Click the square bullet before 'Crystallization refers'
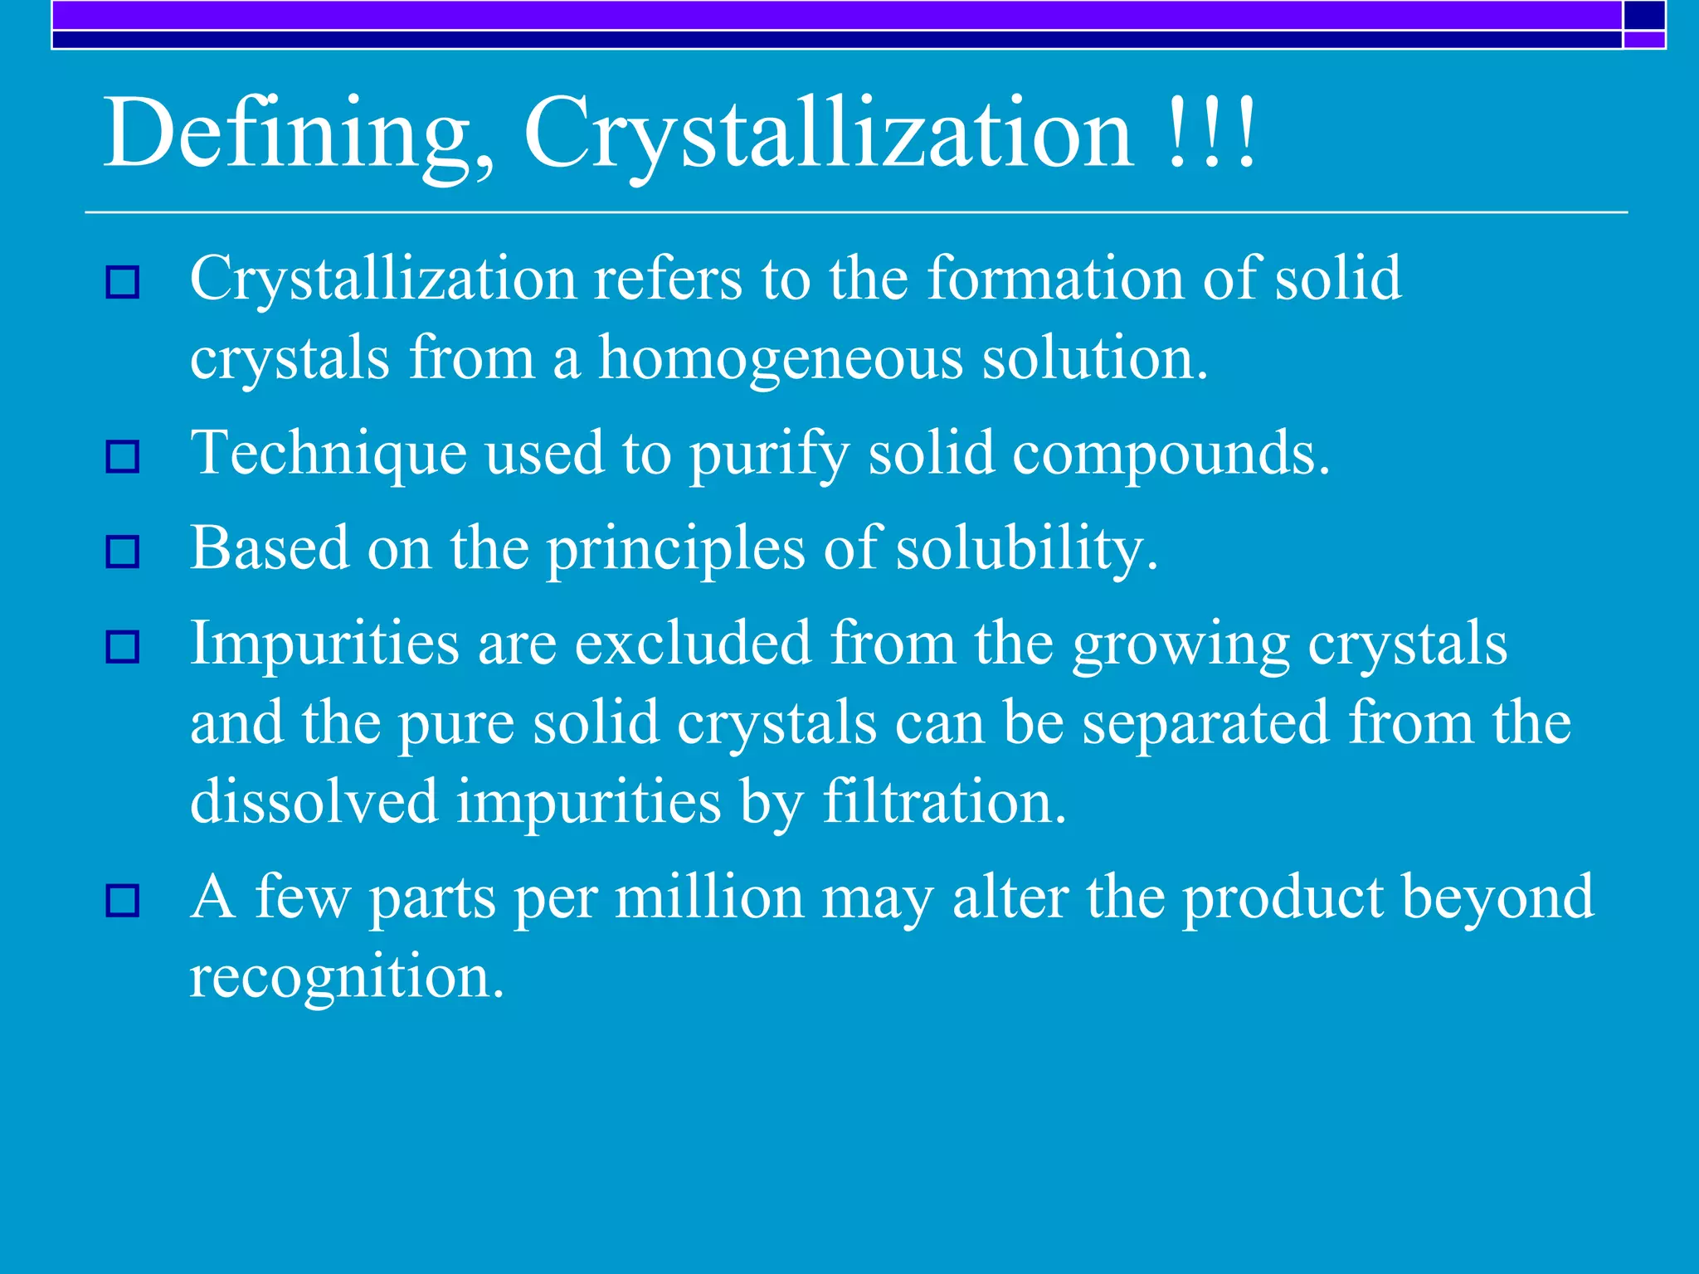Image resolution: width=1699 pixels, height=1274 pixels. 123,283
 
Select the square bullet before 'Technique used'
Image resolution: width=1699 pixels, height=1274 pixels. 123,456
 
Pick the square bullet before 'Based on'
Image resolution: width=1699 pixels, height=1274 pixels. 123,552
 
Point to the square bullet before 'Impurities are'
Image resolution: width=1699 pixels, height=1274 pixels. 123,647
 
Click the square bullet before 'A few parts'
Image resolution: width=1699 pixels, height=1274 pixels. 123,901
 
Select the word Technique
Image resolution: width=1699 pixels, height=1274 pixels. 329,455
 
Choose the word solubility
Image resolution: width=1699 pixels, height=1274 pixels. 1026,550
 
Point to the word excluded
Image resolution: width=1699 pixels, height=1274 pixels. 693,644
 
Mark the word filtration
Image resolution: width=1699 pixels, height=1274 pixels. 944,803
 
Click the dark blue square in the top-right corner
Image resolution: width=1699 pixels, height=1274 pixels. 1644,15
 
